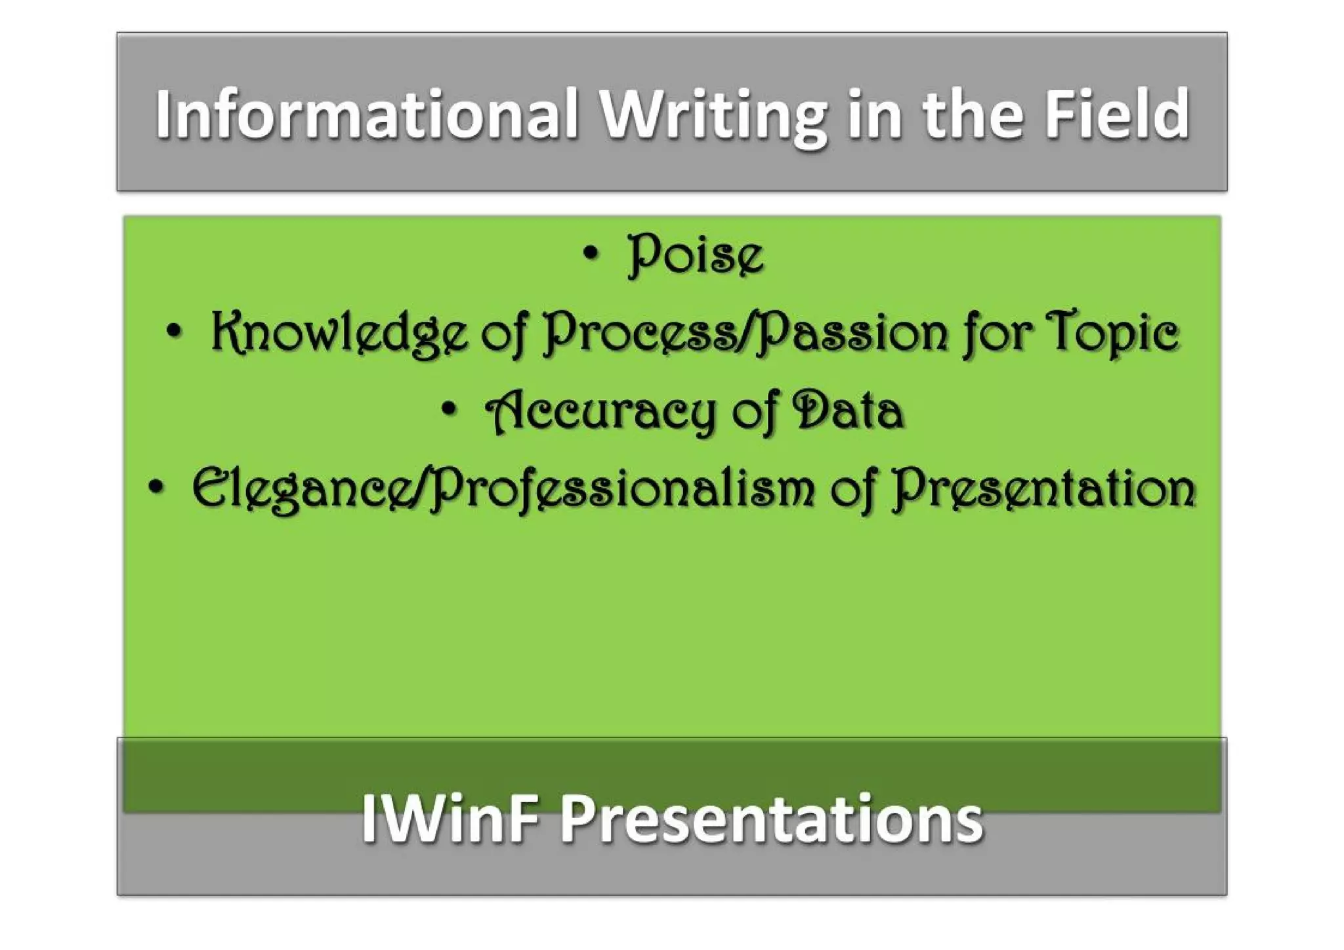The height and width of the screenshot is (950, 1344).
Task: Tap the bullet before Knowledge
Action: (174, 332)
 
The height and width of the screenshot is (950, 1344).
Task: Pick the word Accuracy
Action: (600, 412)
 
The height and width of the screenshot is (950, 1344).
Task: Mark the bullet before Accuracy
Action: (449, 410)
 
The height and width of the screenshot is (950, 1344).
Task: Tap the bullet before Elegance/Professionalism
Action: (156, 488)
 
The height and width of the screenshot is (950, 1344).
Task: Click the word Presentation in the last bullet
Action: (1043, 489)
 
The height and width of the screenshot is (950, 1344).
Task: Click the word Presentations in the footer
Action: (772, 818)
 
